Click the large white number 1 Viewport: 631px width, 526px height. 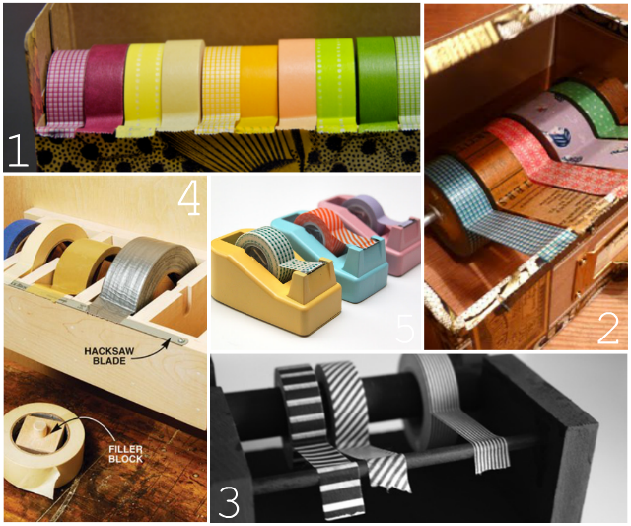[18, 150]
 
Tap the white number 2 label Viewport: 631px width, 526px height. [608, 329]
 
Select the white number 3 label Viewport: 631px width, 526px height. [229, 502]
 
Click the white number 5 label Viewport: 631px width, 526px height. [405, 330]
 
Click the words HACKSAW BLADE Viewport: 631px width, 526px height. [109, 356]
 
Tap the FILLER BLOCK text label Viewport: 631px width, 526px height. [125, 454]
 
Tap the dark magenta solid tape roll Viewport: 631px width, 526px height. [105, 87]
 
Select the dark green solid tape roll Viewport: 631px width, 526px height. [376, 83]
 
